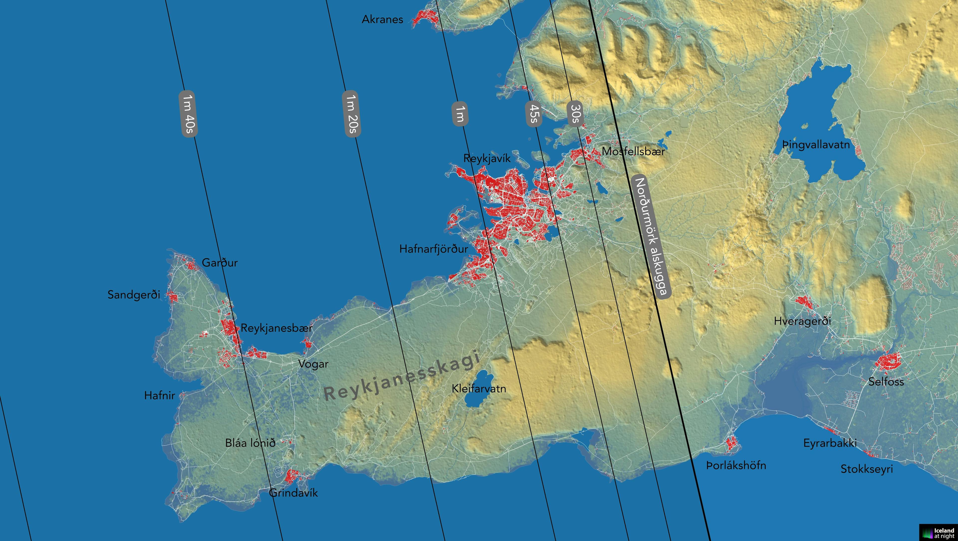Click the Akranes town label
click(382, 19)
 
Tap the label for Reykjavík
click(487, 158)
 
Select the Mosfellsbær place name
click(633, 151)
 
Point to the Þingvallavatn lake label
click(816, 144)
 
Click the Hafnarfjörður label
click(433, 249)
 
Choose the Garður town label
click(220, 263)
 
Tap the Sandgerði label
click(133, 295)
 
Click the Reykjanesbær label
click(276, 328)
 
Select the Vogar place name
click(313, 364)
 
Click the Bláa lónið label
click(250, 443)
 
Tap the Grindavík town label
click(294, 493)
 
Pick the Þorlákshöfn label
click(736, 465)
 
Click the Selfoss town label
click(886, 381)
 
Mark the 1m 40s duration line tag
click(188, 114)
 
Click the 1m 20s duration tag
click(351, 114)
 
